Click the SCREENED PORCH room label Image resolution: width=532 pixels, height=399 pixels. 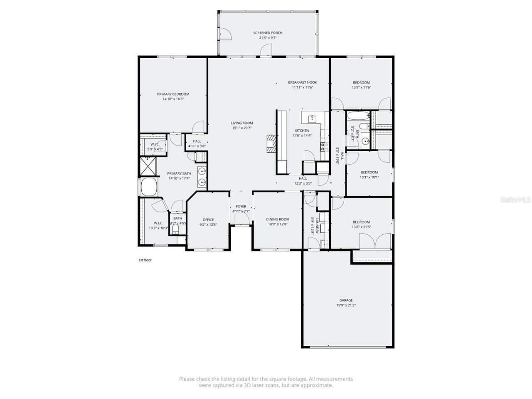[x=268, y=33]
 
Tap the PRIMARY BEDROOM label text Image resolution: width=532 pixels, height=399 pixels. [x=173, y=94]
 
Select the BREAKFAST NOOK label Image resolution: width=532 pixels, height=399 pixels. [x=302, y=82]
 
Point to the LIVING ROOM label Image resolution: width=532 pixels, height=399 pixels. [x=242, y=123]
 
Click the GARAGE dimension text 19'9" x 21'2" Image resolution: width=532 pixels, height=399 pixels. [x=346, y=305]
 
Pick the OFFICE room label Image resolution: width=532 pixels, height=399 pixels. [x=208, y=220]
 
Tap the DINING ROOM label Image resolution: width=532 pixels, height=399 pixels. [x=278, y=219]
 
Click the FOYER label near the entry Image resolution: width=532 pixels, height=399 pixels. [x=241, y=207]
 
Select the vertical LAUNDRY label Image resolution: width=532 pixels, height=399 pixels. [x=317, y=226]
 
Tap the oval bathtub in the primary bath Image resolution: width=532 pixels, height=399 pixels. [x=148, y=187]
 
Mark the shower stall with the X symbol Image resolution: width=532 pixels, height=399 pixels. [x=148, y=166]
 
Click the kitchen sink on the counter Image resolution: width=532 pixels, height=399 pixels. [x=313, y=119]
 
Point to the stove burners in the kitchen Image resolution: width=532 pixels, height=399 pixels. [x=322, y=146]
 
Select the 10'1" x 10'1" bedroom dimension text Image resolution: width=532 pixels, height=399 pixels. [x=369, y=177]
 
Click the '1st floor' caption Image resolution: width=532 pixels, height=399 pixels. [x=145, y=260]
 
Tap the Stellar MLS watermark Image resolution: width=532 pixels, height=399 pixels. [x=515, y=199]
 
